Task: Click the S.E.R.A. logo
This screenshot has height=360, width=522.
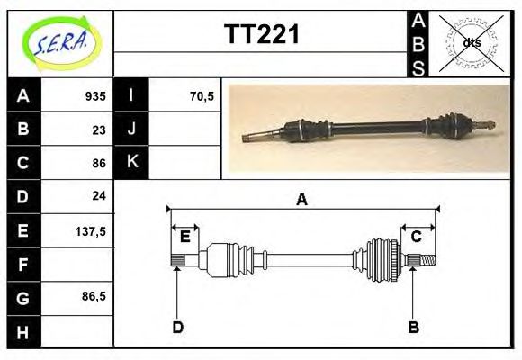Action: click(59, 42)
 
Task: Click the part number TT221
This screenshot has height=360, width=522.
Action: click(261, 35)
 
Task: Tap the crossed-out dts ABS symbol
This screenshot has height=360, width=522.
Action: click(470, 42)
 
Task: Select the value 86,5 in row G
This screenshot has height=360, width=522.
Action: click(94, 296)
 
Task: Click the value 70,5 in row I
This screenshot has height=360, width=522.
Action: click(202, 95)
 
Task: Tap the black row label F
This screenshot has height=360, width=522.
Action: click(22, 264)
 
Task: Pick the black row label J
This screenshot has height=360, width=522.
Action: click(131, 129)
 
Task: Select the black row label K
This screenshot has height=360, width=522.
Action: click(131, 162)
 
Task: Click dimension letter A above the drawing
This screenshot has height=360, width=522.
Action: click(301, 200)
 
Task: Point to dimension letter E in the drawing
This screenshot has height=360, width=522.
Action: click(184, 237)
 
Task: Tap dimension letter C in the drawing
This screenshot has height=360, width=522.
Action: click(417, 237)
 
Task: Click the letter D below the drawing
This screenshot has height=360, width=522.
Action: click(177, 327)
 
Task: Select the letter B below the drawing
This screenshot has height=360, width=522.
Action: click(413, 327)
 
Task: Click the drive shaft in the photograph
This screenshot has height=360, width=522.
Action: click(369, 128)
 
